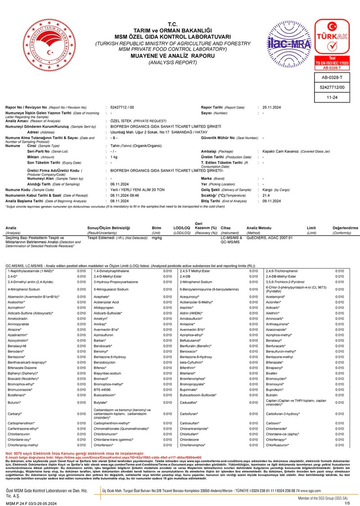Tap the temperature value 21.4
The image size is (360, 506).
click(x=266, y=196)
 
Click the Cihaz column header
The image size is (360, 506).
click(x=226, y=229)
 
